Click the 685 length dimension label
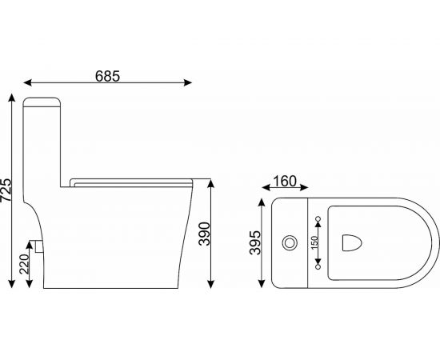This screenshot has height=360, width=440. click(107, 76)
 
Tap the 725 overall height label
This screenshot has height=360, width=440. click(6, 190)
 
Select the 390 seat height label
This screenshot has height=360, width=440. click(204, 234)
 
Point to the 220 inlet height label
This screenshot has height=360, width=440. click(25, 264)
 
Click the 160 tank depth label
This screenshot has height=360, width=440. click(285, 182)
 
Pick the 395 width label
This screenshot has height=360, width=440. click(255, 242)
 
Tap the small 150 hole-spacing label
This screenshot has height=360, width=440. click(315, 242)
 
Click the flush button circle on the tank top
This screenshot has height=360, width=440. click(290, 242)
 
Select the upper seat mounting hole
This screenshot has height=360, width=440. click(318, 218)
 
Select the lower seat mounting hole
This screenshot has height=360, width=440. click(318, 267)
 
